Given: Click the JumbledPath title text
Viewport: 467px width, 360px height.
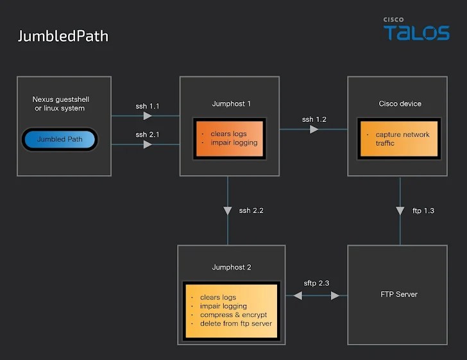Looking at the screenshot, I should click(x=63, y=36).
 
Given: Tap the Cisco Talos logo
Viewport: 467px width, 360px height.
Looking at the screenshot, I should click(x=416, y=30).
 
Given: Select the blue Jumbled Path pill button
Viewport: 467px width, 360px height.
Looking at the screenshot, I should click(x=60, y=139).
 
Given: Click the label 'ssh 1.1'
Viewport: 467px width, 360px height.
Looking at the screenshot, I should click(x=147, y=106).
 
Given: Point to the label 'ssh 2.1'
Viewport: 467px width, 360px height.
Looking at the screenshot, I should click(x=147, y=135).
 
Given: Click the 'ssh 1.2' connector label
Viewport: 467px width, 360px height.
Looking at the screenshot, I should click(x=314, y=119).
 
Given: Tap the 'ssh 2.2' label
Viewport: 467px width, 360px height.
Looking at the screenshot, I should click(x=251, y=210).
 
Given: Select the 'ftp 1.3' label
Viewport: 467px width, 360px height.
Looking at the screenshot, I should click(x=423, y=210).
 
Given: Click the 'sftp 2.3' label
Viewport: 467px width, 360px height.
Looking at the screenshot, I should click(x=316, y=283).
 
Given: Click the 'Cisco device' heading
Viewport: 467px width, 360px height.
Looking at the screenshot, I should click(x=400, y=103).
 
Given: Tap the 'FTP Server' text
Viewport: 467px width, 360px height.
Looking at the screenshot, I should click(x=400, y=295).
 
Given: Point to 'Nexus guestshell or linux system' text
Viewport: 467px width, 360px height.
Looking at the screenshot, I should click(x=58, y=103).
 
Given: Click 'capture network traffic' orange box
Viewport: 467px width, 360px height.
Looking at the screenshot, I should click(x=400, y=139).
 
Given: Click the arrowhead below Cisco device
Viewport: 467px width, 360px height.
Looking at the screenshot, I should click(x=400, y=210).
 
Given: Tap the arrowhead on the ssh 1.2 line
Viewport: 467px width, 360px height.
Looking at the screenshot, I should click(x=314, y=130).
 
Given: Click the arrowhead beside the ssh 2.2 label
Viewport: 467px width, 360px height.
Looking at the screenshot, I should click(x=228, y=210).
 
